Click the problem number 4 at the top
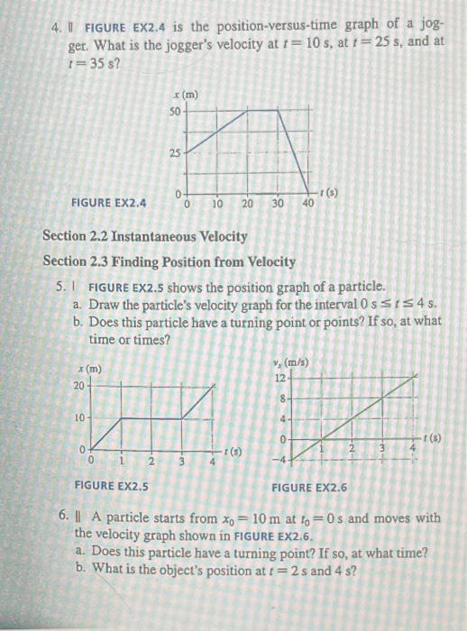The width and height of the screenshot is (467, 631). click(56, 15)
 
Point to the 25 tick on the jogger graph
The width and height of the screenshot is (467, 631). click(175, 152)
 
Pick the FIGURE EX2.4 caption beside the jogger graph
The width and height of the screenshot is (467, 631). click(105, 204)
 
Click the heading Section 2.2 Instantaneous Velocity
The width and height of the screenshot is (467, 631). click(145, 236)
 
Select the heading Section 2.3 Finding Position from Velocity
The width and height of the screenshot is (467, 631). click(169, 261)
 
